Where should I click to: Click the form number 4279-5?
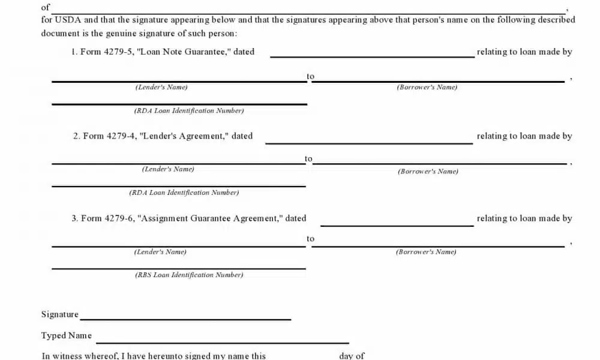point(119,52)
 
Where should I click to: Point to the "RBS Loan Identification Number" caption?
point(189,275)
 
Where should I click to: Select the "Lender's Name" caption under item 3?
point(160,252)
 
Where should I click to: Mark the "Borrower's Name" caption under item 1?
point(427,88)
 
